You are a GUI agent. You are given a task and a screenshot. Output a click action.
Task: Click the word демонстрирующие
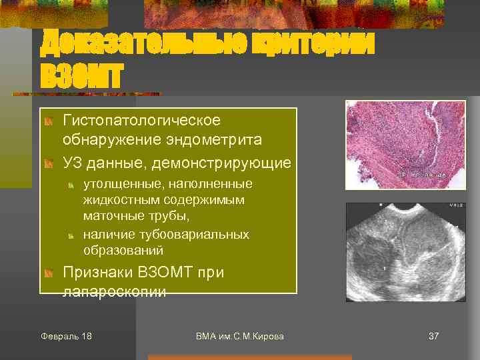click(x=222, y=163)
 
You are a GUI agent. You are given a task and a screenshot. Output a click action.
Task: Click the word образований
click(x=123, y=251)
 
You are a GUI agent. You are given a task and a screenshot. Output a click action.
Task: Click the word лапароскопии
click(x=114, y=292)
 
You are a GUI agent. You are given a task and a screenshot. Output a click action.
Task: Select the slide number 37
click(x=433, y=336)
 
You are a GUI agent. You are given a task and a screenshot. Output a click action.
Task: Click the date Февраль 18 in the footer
click(x=66, y=336)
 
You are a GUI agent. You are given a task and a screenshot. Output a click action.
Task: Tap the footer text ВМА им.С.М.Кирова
click(x=240, y=336)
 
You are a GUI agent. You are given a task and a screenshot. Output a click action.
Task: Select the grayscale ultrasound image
click(x=405, y=251)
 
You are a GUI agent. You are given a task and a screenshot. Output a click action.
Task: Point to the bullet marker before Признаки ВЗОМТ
click(x=49, y=273)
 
